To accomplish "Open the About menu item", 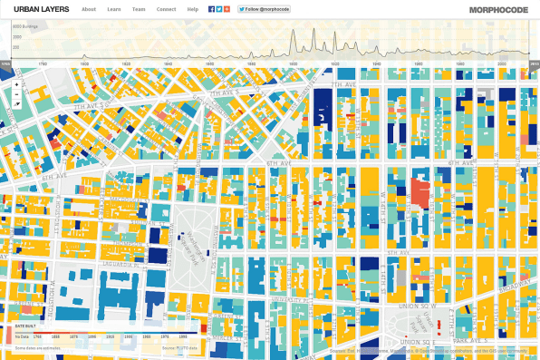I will coord(89,8).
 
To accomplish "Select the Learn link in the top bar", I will coord(113,8).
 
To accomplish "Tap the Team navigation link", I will coord(138,8).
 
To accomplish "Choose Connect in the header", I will coord(166,8).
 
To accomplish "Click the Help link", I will coord(192,8).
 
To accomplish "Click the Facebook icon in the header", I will coord(211,8).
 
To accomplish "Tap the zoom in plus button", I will coord(16,84).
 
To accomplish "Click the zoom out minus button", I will coord(16,93).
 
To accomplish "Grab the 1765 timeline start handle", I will coord(5,64).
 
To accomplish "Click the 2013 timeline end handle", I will coord(535,64).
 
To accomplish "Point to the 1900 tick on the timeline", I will coord(334,64).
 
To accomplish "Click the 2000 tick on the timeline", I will coord(501,64).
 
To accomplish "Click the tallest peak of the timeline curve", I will coord(294,30).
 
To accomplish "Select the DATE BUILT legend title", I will coord(26,324).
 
